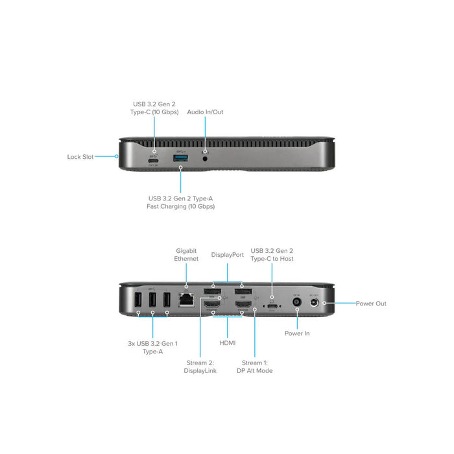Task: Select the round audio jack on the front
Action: click(x=206, y=156)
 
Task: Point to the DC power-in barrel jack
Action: click(x=297, y=302)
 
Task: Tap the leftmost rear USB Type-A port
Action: click(x=138, y=301)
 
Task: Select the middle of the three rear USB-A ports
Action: click(x=152, y=301)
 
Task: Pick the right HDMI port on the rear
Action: click(x=243, y=304)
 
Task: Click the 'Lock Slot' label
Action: click(x=80, y=156)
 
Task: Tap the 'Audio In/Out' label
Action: click(x=205, y=112)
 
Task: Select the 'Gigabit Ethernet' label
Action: click(x=186, y=254)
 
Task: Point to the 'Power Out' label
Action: click(x=370, y=304)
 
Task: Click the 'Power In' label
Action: click(x=298, y=333)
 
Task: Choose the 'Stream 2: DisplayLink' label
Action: click(x=200, y=367)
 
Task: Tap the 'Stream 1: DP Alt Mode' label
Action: click(x=257, y=367)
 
